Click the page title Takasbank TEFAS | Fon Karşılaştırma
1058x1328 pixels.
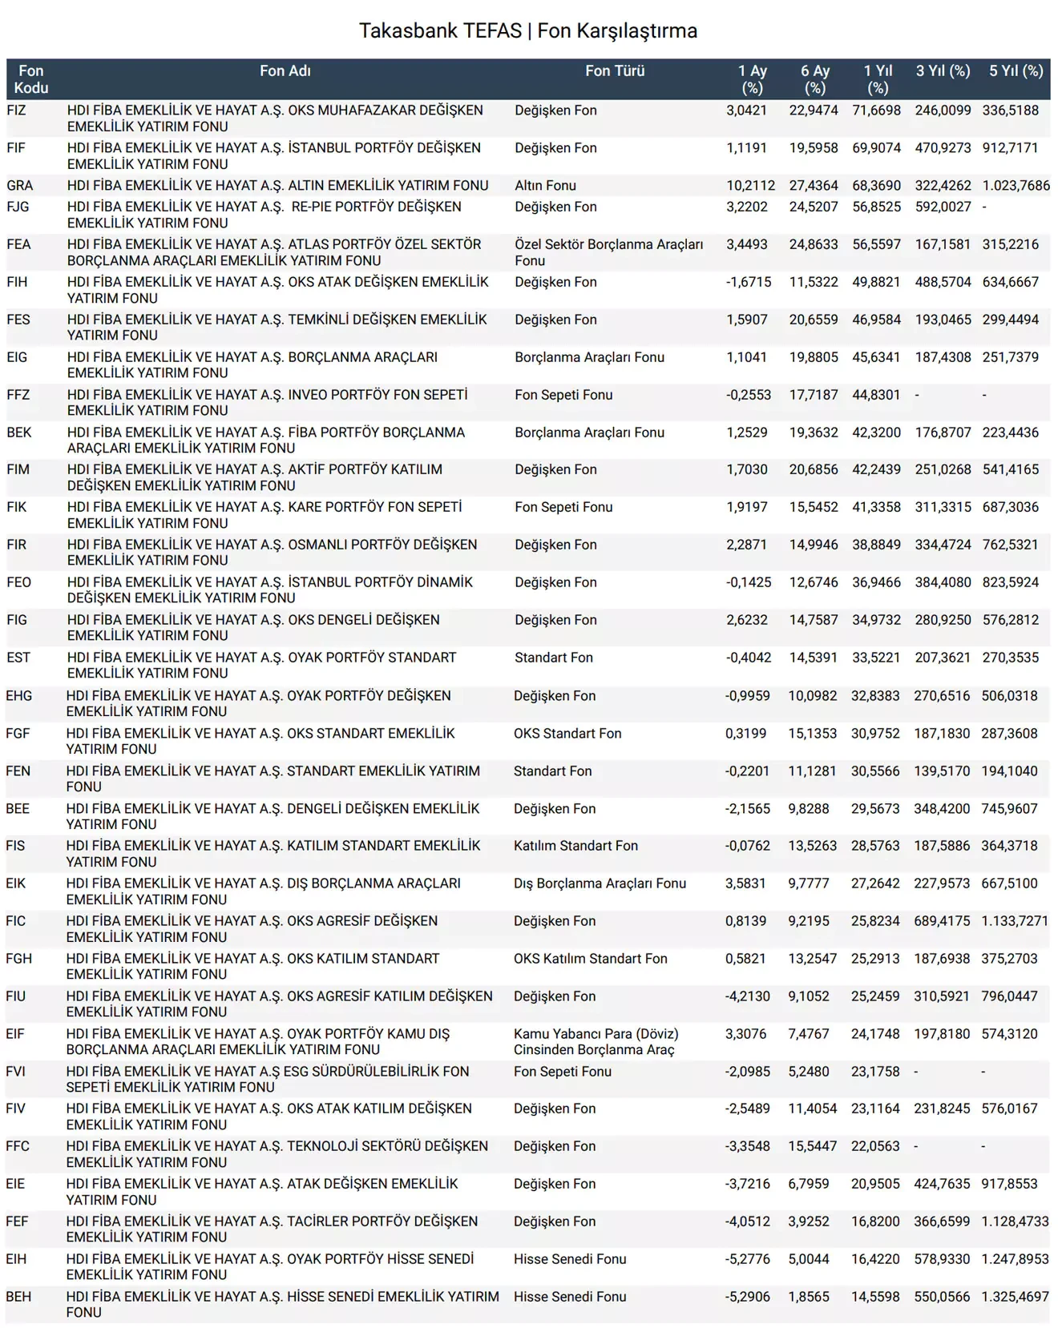(528, 31)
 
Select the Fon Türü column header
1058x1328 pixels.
(615, 71)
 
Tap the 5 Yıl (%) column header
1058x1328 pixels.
(1016, 71)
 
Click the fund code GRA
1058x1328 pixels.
(20, 186)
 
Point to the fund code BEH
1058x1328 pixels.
(18, 1297)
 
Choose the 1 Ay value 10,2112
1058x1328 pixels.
(750, 186)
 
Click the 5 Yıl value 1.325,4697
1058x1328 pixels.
(1015, 1297)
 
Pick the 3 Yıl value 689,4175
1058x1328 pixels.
(942, 921)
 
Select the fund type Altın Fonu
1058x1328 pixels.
(545, 186)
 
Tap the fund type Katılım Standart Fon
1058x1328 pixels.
(575, 846)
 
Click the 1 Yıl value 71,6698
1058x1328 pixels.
(876, 111)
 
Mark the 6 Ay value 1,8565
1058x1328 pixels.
(809, 1297)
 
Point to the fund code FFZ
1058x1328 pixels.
(18, 395)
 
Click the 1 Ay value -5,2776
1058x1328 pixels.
(747, 1259)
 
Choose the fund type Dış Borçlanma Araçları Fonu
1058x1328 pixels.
(600, 883)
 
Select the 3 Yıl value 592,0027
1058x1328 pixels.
(943, 207)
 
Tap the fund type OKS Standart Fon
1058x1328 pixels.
(567, 734)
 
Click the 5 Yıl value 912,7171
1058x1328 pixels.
(1010, 148)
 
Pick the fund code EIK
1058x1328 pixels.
(16, 883)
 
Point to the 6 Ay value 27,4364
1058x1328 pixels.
(814, 186)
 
